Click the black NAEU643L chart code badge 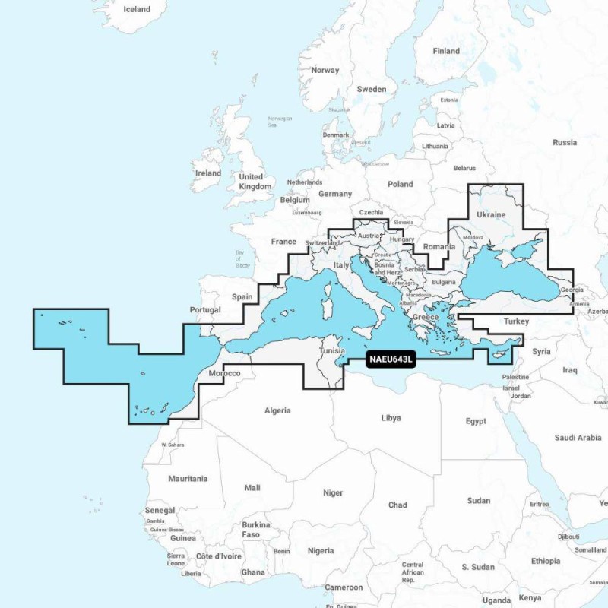coord(391,360)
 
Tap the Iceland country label coord(136,10)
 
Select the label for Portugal coord(205,310)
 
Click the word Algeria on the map coord(277,411)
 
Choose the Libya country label coord(391,418)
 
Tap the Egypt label coord(476,421)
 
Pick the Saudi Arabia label coord(578,438)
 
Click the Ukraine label coord(490,214)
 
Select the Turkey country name coord(516,321)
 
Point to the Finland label coord(446,51)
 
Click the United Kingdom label coord(255,182)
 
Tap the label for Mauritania coord(188,479)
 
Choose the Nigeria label coord(321,550)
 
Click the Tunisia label coord(334,352)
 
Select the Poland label coord(401,184)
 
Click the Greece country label coord(426,317)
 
